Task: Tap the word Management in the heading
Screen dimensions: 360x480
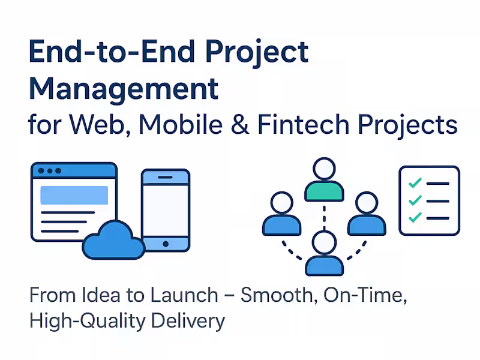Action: coord(124,89)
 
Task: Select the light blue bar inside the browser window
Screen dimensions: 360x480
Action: coord(74,195)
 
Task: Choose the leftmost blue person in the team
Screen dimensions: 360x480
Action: coord(281,215)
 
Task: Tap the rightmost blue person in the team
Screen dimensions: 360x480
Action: coord(367,215)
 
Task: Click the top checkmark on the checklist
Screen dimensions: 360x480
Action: coord(414,183)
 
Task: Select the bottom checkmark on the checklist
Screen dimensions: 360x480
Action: coord(414,217)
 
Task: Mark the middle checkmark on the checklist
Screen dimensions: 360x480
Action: coord(414,200)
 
